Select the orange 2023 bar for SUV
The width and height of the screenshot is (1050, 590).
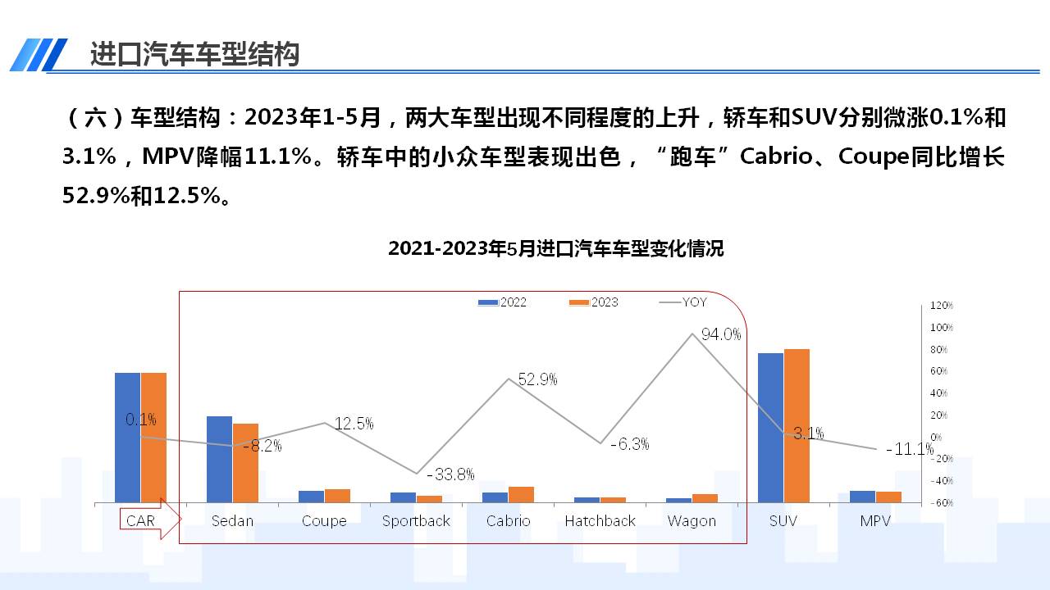pyautogui.click(x=797, y=425)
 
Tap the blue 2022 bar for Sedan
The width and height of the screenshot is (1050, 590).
pyautogui.click(x=219, y=459)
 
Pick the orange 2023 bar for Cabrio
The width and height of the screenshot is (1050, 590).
pyautogui.click(x=521, y=494)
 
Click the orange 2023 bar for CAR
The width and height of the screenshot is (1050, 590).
pyautogui.click(x=153, y=438)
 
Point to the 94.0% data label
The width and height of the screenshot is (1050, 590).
pyautogui.click(x=721, y=334)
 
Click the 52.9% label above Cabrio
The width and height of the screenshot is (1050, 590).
pyautogui.click(x=537, y=379)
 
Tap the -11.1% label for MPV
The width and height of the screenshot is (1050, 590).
pyautogui.click(x=910, y=449)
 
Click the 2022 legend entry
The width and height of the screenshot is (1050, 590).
pyautogui.click(x=503, y=302)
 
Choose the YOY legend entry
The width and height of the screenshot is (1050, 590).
pyautogui.click(x=683, y=302)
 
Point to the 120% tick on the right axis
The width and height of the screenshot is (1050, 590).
pyautogui.click(x=941, y=306)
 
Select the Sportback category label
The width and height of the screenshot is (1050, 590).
pyautogui.click(x=416, y=521)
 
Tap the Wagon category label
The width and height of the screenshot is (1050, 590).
pyautogui.click(x=692, y=521)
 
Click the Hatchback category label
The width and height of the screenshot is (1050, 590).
pyautogui.click(x=600, y=521)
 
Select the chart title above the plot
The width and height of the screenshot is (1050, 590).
pyautogui.click(x=555, y=248)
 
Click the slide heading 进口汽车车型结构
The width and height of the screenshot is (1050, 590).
pyautogui.click(x=194, y=54)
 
